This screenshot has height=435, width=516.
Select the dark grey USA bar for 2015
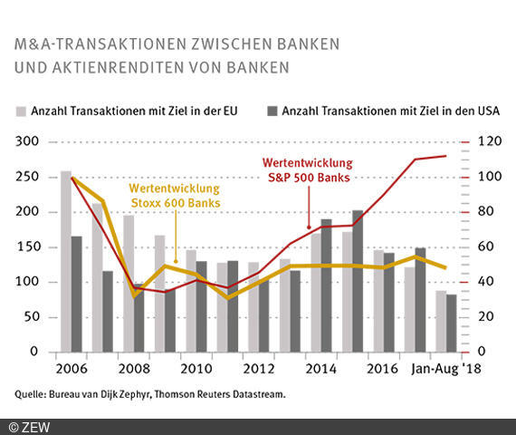(358, 281)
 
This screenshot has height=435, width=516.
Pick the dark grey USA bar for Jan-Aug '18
(452, 323)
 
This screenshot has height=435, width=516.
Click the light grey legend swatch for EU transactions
(21, 112)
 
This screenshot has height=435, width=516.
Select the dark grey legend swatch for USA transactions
(272, 112)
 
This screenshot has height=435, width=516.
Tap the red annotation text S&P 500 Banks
(308, 178)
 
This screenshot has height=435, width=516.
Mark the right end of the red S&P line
(446, 156)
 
